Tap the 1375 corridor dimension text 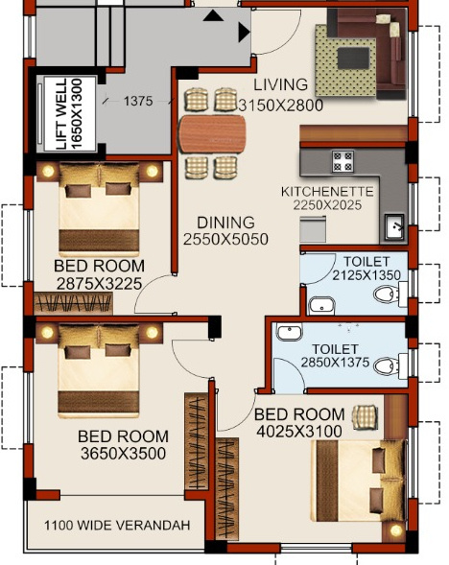pos(138,101)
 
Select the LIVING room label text pos(280,84)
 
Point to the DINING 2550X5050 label pos(226,230)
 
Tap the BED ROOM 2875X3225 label pos(99,274)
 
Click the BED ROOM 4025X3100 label pos(298,422)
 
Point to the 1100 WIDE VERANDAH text pos(117,526)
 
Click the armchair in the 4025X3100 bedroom pos(364,415)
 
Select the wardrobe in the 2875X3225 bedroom pos(74,303)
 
